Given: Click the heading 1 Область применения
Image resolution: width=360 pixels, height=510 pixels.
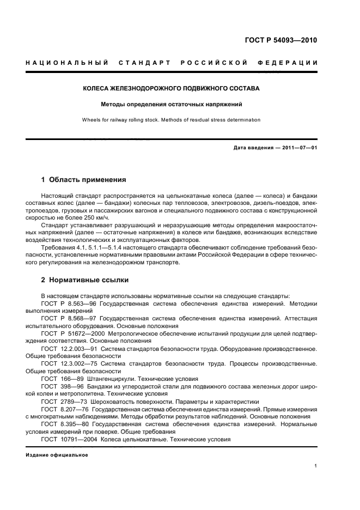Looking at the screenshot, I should [84, 179].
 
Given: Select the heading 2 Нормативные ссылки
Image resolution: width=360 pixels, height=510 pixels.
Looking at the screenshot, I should [85, 280].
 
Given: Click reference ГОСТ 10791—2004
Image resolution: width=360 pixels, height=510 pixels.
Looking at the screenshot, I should [70, 439].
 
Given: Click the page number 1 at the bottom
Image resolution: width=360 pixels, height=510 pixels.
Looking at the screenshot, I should [316, 466].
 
